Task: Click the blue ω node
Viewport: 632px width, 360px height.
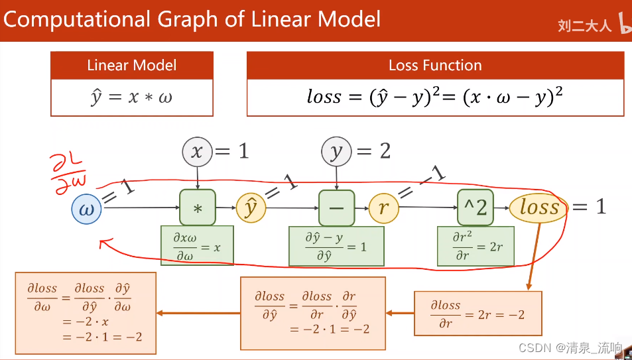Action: (87, 209)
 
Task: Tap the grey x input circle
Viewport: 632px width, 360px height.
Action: (197, 152)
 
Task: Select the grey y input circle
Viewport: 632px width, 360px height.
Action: (336, 152)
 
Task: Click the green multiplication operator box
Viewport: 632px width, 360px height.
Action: (198, 208)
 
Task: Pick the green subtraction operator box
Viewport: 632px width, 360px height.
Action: (337, 208)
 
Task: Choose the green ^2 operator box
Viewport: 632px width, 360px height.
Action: (475, 208)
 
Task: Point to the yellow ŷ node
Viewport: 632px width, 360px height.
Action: (251, 208)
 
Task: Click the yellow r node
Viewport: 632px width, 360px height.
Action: (383, 208)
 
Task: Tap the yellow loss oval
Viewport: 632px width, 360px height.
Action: (538, 208)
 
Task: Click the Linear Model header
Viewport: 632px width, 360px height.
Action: (132, 66)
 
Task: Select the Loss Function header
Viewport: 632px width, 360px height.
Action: (435, 66)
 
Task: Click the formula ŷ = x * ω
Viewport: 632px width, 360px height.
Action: (132, 97)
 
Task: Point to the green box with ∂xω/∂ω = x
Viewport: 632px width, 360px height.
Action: (197, 246)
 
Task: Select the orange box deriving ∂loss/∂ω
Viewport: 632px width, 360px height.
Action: (85, 312)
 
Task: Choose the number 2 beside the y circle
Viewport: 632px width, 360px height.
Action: (385, 151)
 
